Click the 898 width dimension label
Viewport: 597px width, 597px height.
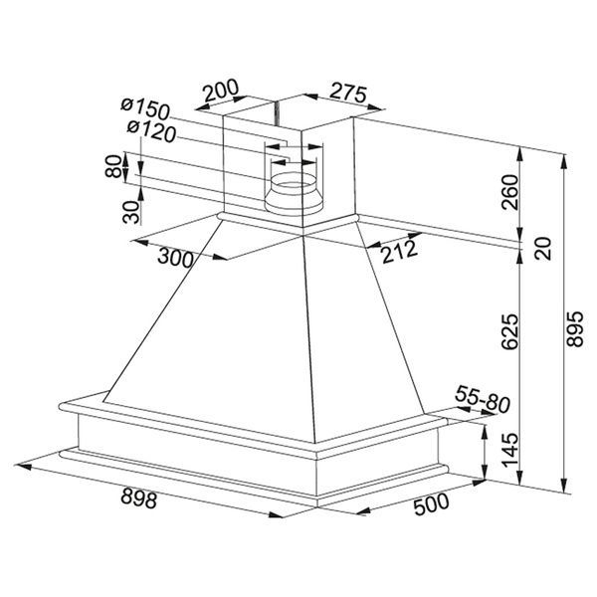pos(139,498)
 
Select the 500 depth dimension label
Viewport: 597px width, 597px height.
pos(432,503)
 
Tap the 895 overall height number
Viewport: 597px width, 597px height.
pos(575,329)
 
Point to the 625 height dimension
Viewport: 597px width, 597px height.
pos(510,331)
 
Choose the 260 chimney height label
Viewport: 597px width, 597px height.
pos(510,192)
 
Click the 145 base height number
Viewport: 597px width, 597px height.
pos(510,450)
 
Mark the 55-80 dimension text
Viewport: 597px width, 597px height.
pos(482,399)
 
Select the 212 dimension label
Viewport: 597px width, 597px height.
pos(400,252)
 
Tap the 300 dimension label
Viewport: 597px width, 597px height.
pos(175,258)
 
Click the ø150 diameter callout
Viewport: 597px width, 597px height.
pos(145,108)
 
